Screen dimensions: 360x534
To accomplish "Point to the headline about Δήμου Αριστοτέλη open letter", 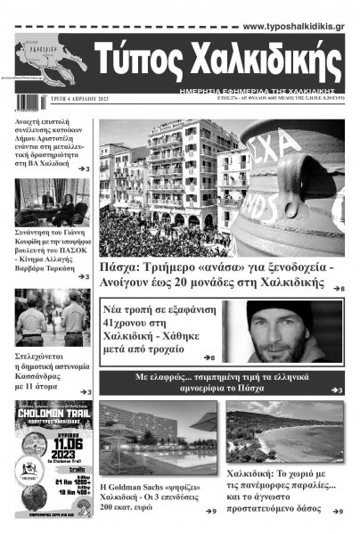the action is [x=52, y=141].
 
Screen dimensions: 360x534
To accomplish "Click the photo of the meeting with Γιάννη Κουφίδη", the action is [x=53, y=202].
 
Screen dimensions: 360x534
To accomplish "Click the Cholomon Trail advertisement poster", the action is [x=53, y=458].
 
